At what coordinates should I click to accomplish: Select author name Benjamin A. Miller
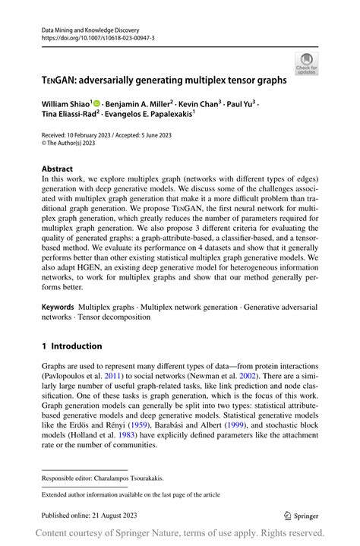click(139, 103)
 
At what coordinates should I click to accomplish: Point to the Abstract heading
click(58, 169)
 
